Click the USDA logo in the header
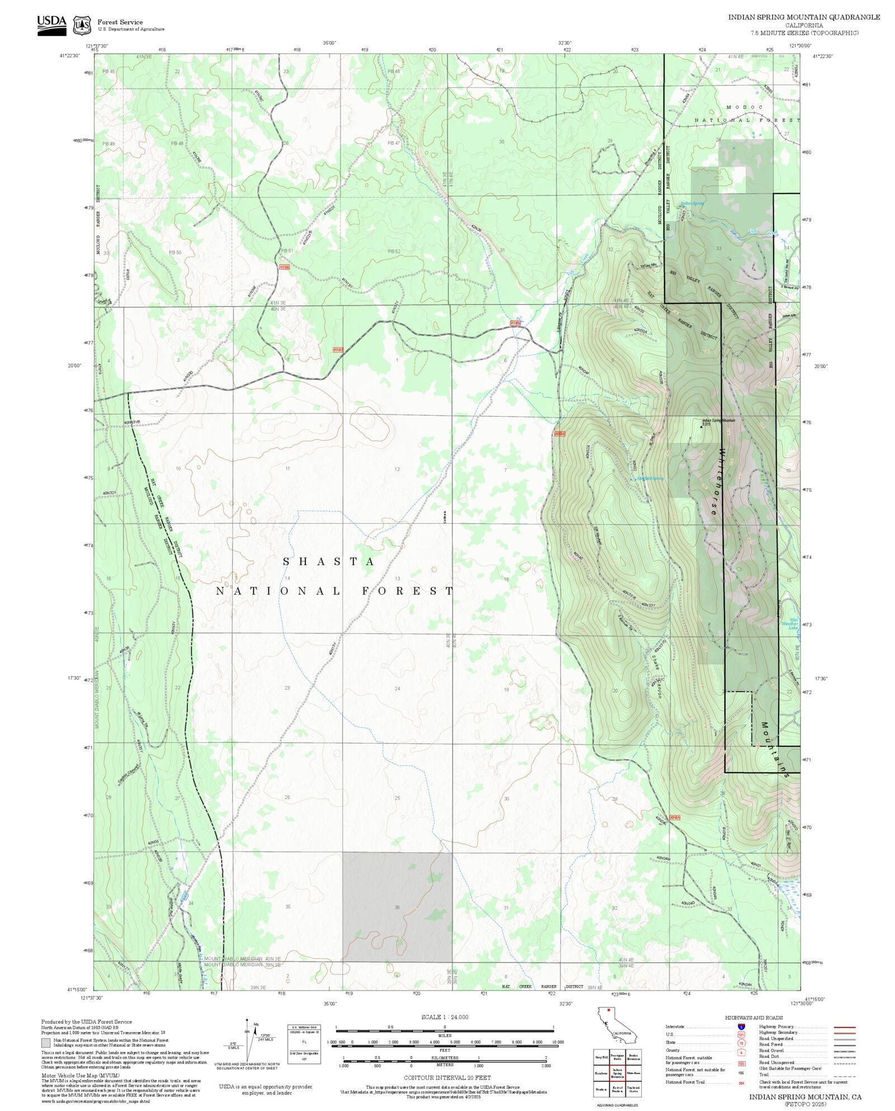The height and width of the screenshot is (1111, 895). click(51, 25)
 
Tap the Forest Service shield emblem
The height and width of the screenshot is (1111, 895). click(83, 25)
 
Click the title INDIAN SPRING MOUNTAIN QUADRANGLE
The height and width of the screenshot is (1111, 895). click(803, 17)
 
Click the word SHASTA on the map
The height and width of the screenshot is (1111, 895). click(328, 562)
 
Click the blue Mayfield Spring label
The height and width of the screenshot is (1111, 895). click(650, 478)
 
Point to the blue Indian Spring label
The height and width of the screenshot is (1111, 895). click(692, 203)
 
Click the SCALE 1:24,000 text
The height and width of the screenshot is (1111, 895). click(445, 1017)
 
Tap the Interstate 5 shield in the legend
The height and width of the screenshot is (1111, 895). click(741, 1027)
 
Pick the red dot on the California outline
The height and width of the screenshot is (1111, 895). click(608, 1010)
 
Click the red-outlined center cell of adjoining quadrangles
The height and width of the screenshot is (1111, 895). click(617, 1074)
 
